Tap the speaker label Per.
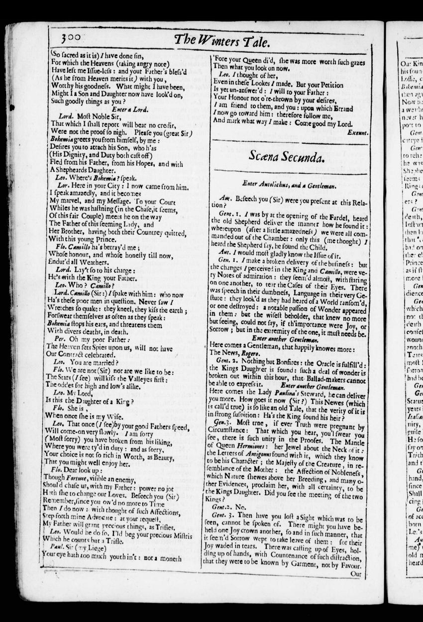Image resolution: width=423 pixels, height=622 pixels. (x=60, y=338)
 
